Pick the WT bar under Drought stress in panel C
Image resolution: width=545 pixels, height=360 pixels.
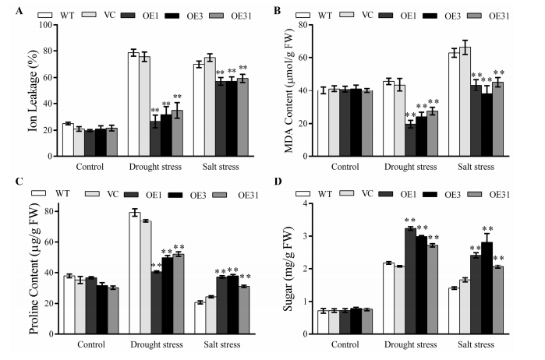(134, 272)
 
